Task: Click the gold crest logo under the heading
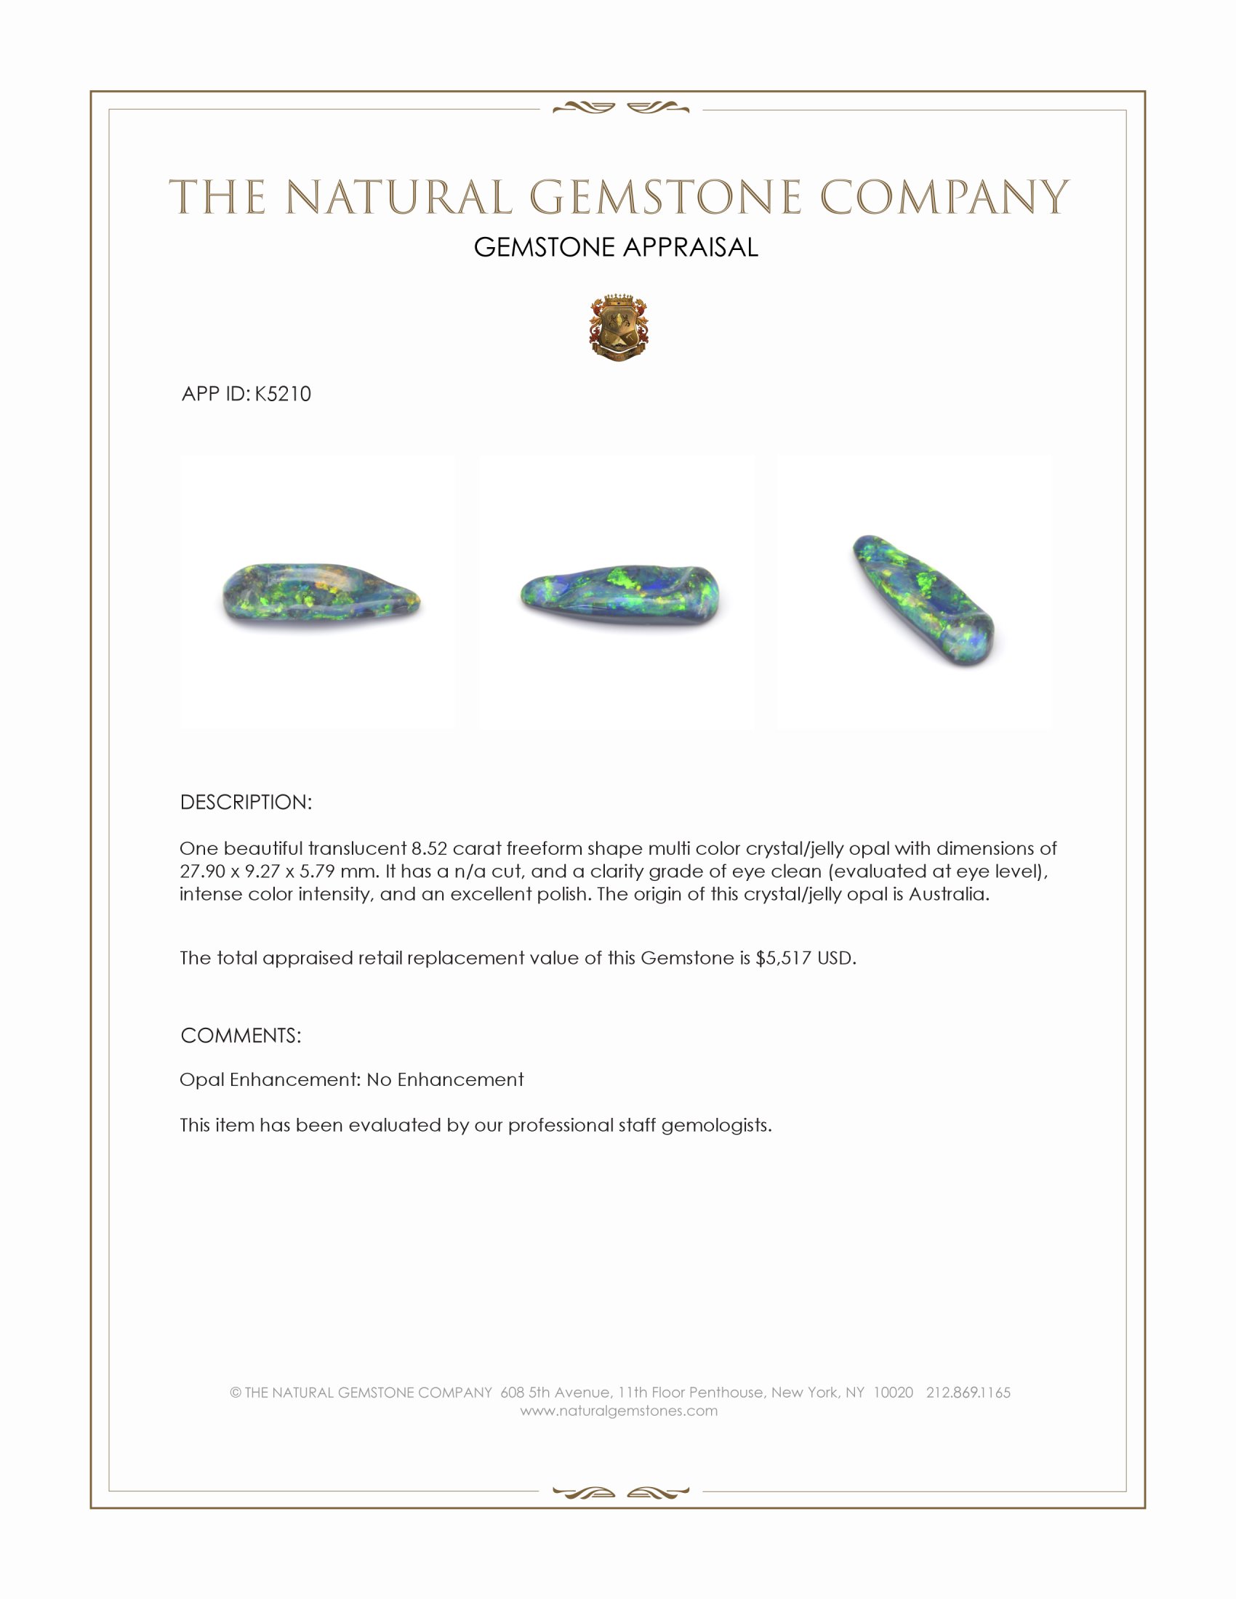tap(619, 329)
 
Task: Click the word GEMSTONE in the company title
tap(665, 198)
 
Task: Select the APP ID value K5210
tap(283, 394)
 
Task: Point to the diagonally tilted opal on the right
tap(923, 600)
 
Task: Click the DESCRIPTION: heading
tap(246, 802)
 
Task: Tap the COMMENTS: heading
tap(241, 1035)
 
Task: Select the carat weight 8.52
tap(429, 848)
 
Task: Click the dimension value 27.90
tap(202, 871)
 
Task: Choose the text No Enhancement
tap(445, 1079)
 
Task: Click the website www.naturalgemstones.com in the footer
tap(619, 1411)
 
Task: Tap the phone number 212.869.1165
tap(968, 1393)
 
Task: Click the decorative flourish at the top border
tap(620, 108)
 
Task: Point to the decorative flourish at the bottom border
tap(620, 1492)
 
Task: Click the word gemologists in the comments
tap(716, 1124)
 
